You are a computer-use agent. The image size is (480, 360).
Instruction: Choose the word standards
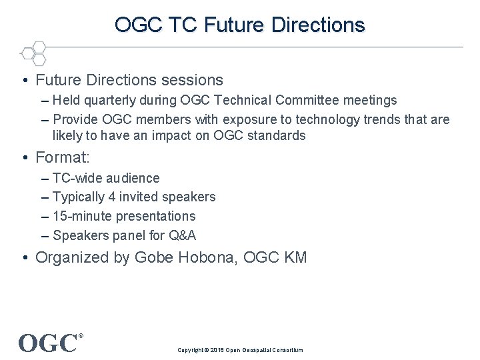275,135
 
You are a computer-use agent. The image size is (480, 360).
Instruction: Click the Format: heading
62,158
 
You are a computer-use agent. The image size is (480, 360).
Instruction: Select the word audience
133,178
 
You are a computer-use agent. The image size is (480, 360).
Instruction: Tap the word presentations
155,216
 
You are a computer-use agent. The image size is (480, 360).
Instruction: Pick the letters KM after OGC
295,257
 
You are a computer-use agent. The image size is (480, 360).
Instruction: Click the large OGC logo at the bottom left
48,343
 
